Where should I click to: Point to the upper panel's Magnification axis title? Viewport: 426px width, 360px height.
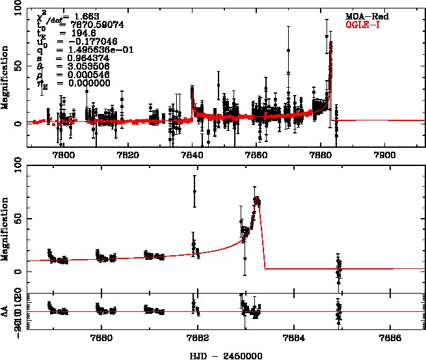[x=6, y=78]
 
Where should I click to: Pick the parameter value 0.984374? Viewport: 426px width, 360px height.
[x=79, y=57]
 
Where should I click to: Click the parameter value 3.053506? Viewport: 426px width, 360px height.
[x=79, y=66]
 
